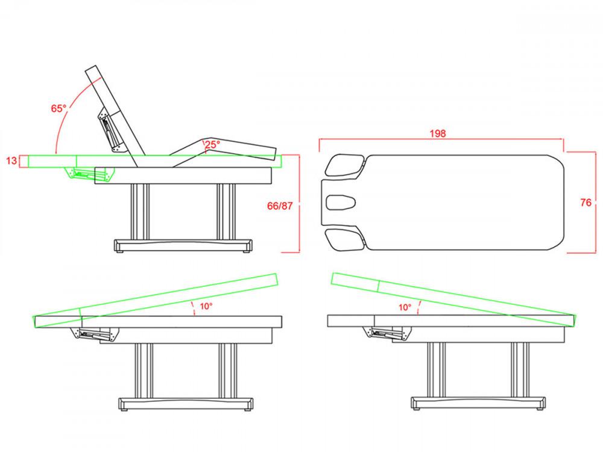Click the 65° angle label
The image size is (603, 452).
coord(59,108)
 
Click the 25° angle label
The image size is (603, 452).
coord(212,145)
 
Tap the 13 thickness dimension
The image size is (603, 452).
coord(12,161)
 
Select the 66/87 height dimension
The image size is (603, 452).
coord(280,206)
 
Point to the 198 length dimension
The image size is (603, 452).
coord(438,133)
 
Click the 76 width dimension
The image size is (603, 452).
coord(586,202)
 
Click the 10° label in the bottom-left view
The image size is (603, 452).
coord(206,306)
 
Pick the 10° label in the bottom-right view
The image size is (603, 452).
coord(405,307)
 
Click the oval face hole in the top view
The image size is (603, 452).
coord(341,202)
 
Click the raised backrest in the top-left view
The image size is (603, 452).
coord(115,116)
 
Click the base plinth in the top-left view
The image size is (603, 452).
coord(183,245)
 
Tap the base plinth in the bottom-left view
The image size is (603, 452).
coord(186,404)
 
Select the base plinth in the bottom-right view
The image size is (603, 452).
coord(478,403)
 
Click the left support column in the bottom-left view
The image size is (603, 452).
coord(144,370)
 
